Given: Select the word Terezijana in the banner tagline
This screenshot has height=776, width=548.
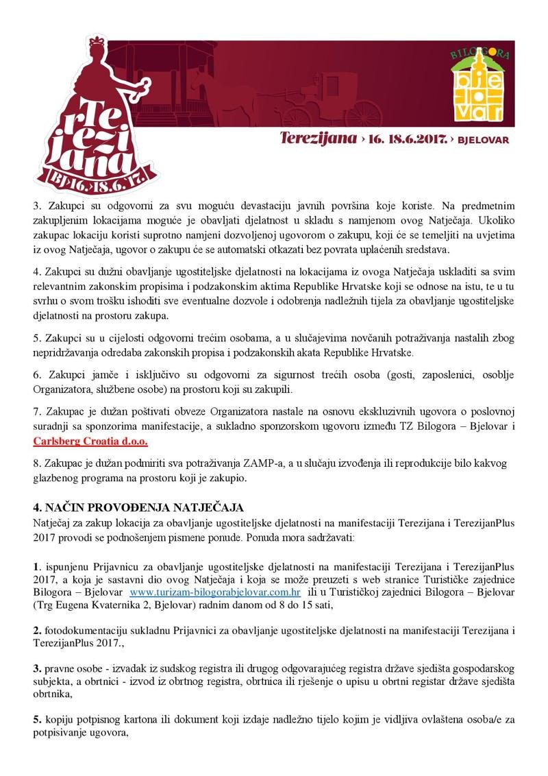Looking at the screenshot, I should pyautogui.click(x=318, y=138).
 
